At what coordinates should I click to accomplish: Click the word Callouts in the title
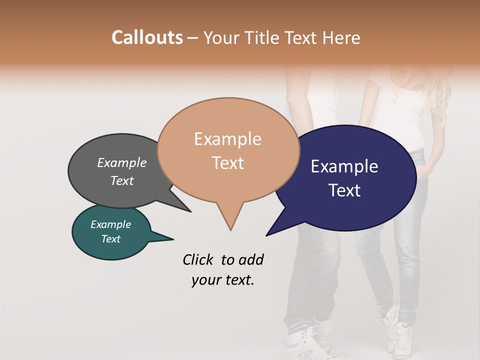pos(147,37)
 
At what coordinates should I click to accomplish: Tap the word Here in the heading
pos(341,37)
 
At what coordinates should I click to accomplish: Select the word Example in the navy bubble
pos(344,166)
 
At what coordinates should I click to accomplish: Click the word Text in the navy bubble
pos(344,190)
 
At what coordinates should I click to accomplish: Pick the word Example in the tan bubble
pos(227,139)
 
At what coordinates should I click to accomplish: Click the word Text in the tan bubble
pos(227,163)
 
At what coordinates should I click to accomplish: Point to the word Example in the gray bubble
pos(122,162)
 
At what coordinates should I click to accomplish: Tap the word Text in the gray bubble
pos(122,180)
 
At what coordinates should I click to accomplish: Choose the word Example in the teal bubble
pos(110,224)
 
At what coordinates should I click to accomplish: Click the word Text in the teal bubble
pos(110,239)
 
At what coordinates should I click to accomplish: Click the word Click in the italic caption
pos(198,259)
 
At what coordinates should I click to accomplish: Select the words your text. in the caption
pos(222,280)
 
